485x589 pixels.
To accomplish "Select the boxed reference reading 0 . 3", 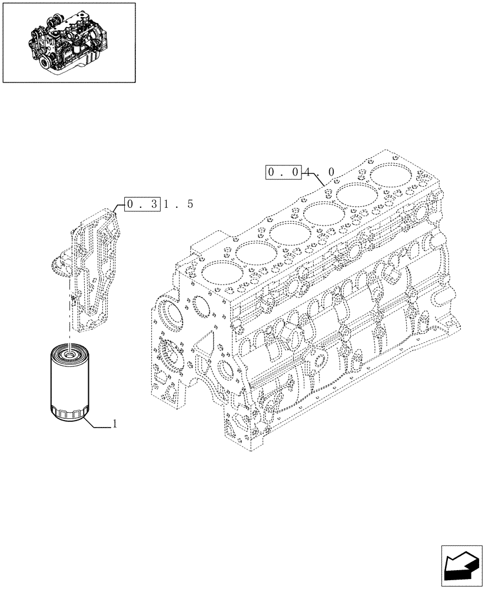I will click(x=142, y=204).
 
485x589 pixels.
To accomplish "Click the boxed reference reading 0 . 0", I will click(x=283, y=172).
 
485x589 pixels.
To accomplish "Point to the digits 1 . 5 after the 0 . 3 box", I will click(x=178, y=204).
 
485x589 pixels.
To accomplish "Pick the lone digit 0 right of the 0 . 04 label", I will click(x=331, y=172).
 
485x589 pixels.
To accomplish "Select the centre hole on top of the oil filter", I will click(x=68, y=353).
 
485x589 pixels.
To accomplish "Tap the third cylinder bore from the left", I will click(x=288, y=232).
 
